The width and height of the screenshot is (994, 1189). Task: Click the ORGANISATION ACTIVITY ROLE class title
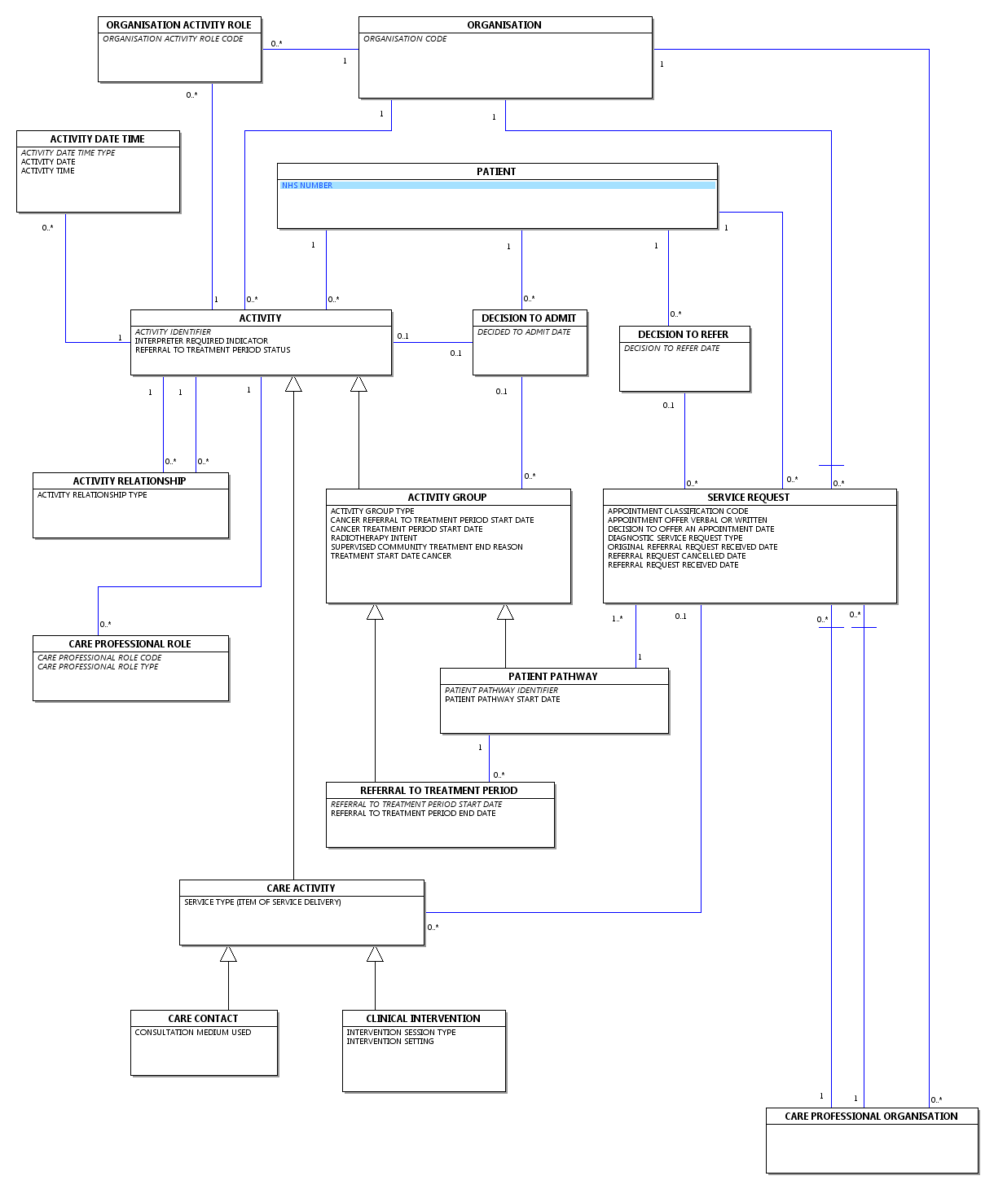(x=178, y=25)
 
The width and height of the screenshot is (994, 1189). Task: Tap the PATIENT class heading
(x=496, y=171)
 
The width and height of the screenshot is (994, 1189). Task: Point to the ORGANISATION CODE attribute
(x=404, y=39)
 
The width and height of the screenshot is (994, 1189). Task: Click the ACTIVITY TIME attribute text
(x=48, y=171)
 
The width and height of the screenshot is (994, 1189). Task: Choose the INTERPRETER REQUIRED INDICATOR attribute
(x=201, y=340)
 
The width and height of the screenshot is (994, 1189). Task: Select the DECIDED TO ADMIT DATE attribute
(x=524, y=332)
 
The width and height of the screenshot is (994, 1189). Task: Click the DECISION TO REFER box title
(x=683, y=334)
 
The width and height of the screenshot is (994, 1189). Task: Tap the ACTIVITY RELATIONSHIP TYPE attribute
(x=92, y=495)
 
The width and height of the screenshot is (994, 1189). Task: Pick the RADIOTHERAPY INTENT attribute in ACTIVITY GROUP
(x=374, y=538)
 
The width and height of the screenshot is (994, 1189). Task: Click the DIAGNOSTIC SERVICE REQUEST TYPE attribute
(x=675, y=538)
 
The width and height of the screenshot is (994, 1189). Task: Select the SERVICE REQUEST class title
(x=748, y=497)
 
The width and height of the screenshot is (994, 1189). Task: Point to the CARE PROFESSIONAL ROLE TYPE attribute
(x=98, y=667)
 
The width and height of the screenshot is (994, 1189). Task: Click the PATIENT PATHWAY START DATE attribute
(x=502, y=700)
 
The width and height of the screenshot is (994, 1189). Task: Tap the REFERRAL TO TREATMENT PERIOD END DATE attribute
(x=413, y=814)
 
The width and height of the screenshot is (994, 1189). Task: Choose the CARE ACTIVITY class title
(x=301, y=888)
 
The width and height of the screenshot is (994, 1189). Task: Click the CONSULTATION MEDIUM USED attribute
(x=192, y=1033)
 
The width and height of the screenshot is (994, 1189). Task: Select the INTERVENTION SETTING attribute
(x=389, y=1042)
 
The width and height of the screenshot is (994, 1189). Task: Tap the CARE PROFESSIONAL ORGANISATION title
(x=871, y=1116)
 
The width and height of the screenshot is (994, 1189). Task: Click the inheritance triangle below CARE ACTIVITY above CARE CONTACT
(x=228, y=954)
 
